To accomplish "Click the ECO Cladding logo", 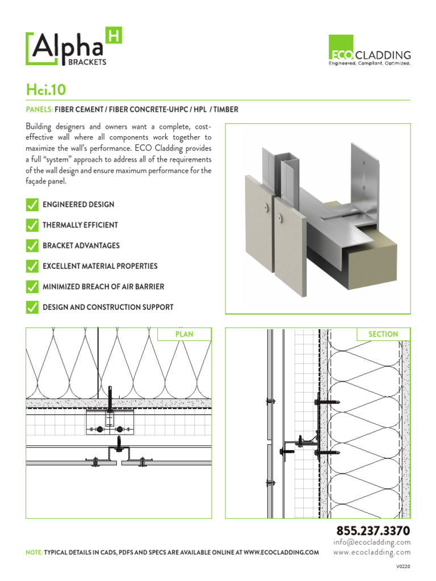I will point(371,51).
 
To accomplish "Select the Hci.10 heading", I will point(48,89).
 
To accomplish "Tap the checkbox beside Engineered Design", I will point(32,204).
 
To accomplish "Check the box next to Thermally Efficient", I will point(32,225).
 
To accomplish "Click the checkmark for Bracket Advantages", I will point(32,246).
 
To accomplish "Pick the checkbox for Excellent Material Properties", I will point(32,266).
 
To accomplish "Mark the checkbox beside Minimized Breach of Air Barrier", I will point(32,287).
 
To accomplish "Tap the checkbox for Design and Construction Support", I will point(32,307).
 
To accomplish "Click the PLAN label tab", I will point(184,334).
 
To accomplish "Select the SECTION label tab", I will point(383,334).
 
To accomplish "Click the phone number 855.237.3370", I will point(373,531).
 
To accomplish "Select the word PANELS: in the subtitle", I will point(39,110).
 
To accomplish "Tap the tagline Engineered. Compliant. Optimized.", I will point(371,64).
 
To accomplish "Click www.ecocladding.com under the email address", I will point(372,552).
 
